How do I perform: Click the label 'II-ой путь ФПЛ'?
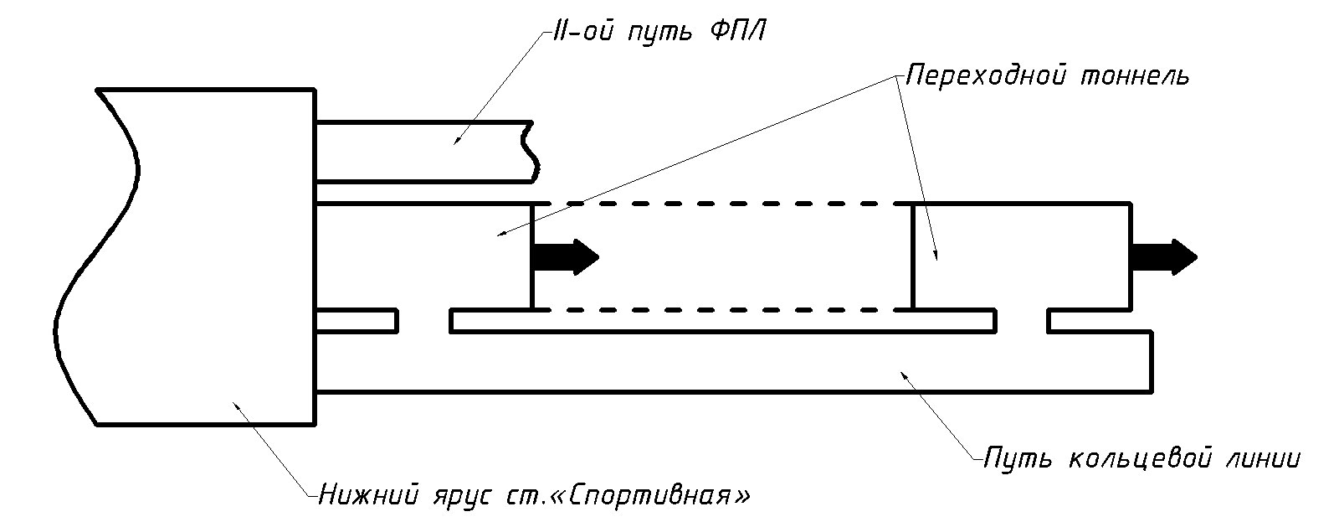click(659, 34)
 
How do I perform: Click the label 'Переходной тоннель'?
click(1047, 75)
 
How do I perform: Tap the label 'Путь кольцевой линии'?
click(1142, 459)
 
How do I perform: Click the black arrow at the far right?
click(1163, 256)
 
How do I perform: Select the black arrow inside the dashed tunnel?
click(566, 256)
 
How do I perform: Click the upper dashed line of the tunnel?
click(728, 204)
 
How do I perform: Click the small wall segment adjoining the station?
click(357, 321)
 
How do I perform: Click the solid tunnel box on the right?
click(1021, 256)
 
